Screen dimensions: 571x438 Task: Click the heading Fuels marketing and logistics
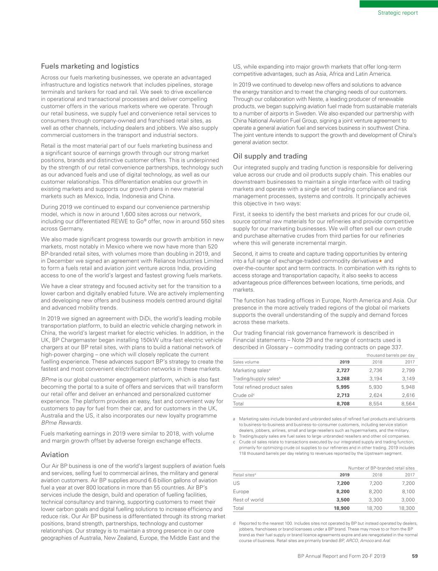pyautogui.click(x=90, y=66)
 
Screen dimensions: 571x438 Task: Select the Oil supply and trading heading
pyautogui.click(x=270, y=156)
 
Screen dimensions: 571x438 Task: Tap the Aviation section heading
pyautogui.click(x=55, y=454)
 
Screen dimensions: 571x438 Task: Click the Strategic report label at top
pyautogui.click(x=397, y=13)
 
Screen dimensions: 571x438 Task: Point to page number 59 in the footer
pyautogui.click(x=415, y=556)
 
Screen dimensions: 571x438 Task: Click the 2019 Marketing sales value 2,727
pyautogui.click(x=343, y=370)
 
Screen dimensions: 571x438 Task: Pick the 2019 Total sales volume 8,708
pyautogui.click(x=343, y=404)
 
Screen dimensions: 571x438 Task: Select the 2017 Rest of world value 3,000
pyautogui.click(x=407, y=500)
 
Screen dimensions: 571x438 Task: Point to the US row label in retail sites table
pyautogui.click(x=236, y=483)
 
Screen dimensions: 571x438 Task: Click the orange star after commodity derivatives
pyautogui.click(x=380, y=261)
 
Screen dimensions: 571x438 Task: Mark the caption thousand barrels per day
pyautogui.click(x=389, y=355)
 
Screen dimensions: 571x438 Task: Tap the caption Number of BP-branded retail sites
pyautogui.click(x=381, y=468)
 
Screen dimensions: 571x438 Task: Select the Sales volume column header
pyautogui.click(x=246, y=362)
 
